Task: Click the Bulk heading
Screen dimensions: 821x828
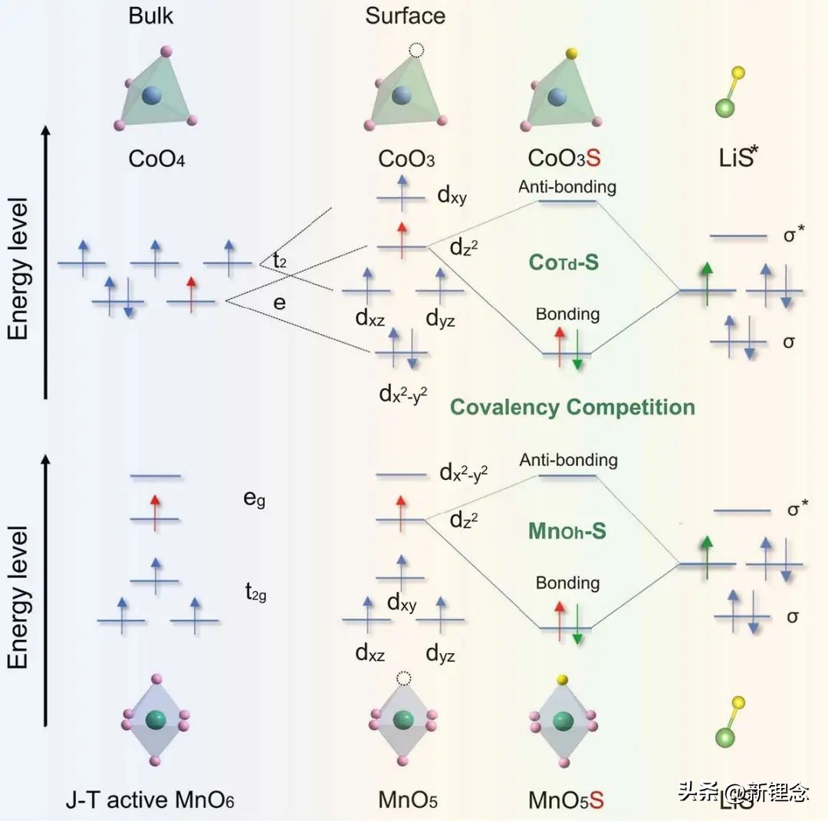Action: [x=152, y=15]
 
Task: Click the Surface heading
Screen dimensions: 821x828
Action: [x=405, y=15]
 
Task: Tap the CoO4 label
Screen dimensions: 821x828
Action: [x=157, y=159]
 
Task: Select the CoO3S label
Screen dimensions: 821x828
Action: [x=564, y=159]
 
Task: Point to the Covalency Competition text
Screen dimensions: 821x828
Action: [x=572, y=406]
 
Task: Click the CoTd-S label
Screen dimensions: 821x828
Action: [x=563, y=262]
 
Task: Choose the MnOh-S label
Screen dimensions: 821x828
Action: [x=567, y=530]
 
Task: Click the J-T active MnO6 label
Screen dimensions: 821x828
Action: [x=149, y=800]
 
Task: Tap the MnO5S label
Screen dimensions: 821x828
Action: [x=566, y=800]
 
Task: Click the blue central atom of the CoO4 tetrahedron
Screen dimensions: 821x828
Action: [x=152, y=96]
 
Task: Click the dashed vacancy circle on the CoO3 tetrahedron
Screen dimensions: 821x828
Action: [x=416, y=51]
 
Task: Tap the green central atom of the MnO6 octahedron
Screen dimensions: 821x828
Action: [x=156, y=720]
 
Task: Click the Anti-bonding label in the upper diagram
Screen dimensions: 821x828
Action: [x=567, y=186]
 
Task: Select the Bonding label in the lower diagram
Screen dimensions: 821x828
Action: [x=567, y=583]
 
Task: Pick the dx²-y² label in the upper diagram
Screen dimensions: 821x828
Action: [x=402, y=394]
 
